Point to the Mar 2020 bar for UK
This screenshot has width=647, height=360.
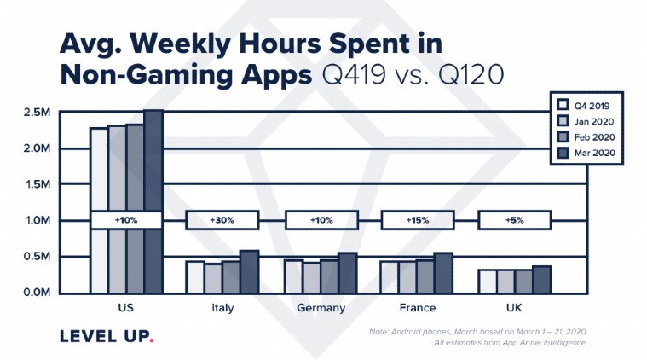[540, 279]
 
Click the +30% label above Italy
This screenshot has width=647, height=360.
[222, 220]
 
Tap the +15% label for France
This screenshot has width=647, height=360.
[416, 220]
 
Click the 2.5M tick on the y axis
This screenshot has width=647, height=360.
[36, 113]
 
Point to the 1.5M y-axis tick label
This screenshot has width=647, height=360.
[36, 184]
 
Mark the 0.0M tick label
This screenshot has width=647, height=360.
[36, 293]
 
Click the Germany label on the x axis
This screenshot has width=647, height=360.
[320, 309]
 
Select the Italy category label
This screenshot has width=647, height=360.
[222, 309]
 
